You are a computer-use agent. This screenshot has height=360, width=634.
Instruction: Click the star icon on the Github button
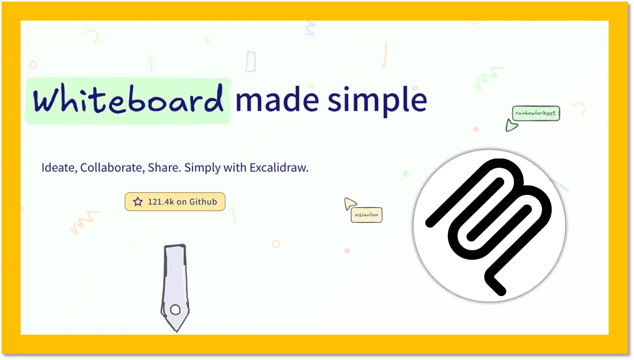138,202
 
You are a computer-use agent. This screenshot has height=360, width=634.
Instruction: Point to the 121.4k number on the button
161,202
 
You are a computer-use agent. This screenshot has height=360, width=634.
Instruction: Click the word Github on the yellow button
203,202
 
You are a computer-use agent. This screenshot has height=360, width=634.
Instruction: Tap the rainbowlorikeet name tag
536,113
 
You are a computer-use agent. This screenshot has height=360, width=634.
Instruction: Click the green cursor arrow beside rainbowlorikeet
511,125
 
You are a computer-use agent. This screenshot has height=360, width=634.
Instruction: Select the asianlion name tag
367,215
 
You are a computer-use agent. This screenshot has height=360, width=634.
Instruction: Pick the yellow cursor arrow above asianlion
350,204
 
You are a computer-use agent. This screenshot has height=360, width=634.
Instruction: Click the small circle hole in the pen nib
175,310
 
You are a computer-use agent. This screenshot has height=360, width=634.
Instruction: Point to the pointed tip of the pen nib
176,331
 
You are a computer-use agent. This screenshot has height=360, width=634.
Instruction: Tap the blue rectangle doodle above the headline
251,61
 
